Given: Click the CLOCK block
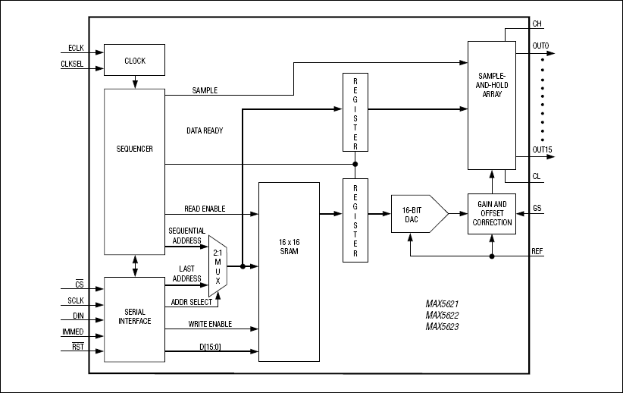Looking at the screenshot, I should (134, 61).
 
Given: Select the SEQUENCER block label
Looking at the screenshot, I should (134, 149).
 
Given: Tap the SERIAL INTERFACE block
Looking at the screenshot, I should (134, 316).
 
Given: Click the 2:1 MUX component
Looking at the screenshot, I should (218, 266).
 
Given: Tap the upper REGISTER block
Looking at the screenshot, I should (355, 113).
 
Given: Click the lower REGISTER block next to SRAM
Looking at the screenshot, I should (355, 220).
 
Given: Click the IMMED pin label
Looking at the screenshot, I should (73, 332).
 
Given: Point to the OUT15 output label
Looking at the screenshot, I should (541, 149).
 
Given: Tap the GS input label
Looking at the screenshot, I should (537, 207).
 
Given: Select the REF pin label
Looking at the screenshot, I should (537, 250).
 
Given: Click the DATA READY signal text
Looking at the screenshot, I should (205, 130).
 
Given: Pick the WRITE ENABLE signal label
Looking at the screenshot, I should (210, 324).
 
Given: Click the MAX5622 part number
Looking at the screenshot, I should (443, 315).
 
